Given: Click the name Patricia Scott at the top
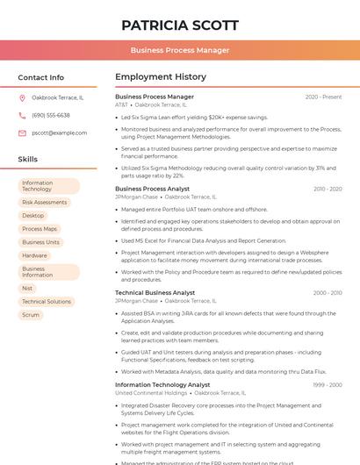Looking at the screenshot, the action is tap(179, 25).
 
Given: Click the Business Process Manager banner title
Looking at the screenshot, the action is tap(179, 50).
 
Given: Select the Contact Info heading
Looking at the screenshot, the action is tap(40, 77).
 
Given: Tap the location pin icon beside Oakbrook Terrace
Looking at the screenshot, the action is tap(22, 97).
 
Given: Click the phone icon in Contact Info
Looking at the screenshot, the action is tap(22, 115).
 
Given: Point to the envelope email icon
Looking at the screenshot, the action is tap(22, 132).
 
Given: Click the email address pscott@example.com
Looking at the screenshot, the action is tap(59, 132).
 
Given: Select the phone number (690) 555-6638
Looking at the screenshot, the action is tap(51, 115).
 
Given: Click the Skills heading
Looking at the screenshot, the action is tap(27, 160).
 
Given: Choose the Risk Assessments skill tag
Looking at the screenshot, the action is tap(44, 202).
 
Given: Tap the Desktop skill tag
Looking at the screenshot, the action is tap(32, 215).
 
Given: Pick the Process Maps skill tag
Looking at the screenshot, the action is tap(39, 229).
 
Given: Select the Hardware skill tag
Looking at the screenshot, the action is tap(34, 255).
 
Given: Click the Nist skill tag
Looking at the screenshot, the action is tap(27, 288).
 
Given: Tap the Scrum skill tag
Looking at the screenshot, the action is tap(31, 314).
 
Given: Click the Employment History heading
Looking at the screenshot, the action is tap(161, 77).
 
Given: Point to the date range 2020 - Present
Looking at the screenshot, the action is tap(323, 97).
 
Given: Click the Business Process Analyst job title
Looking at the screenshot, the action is tap(152, 189).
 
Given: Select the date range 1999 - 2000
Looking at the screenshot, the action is tap(327, 384).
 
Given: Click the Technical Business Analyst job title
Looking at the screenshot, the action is tap(155, 292).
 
